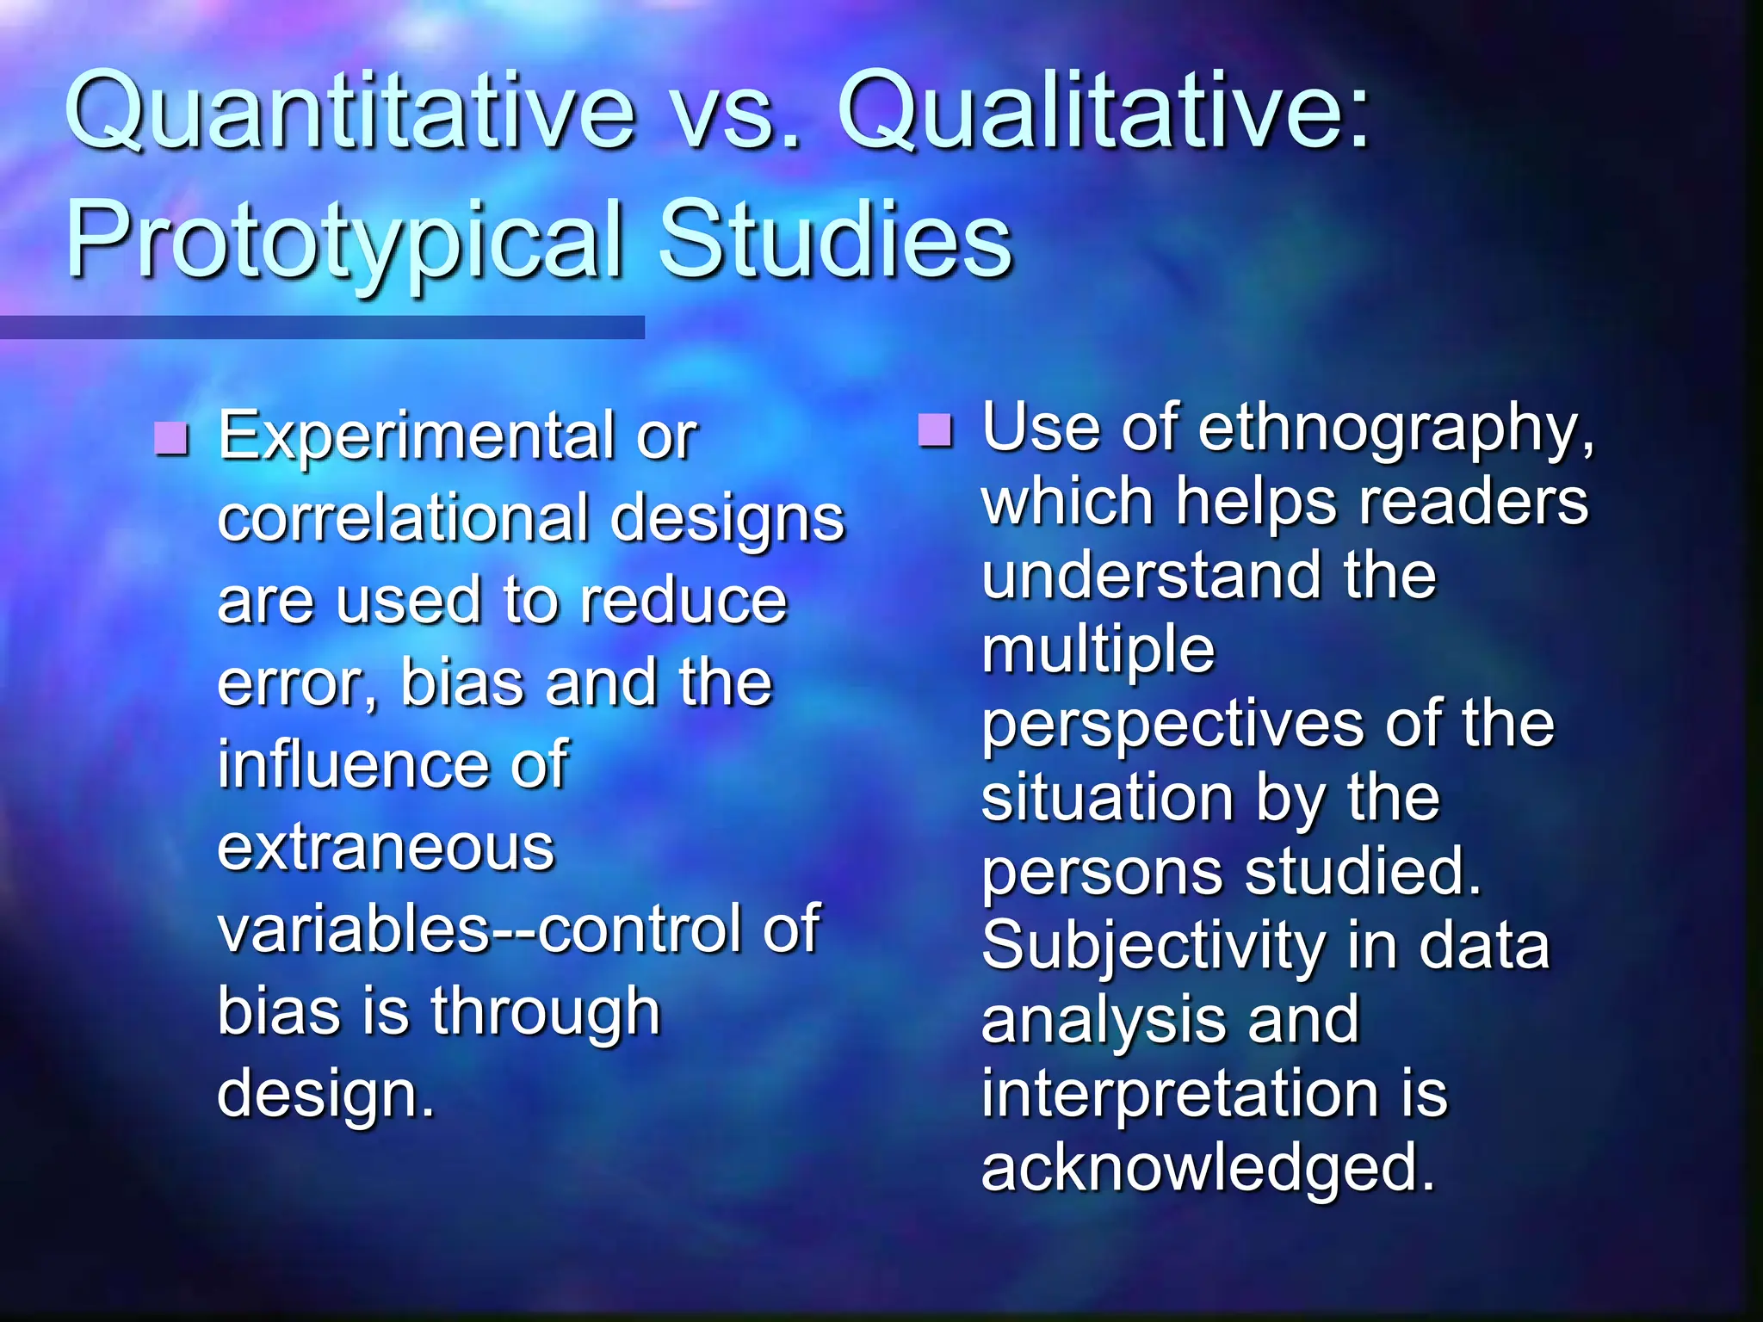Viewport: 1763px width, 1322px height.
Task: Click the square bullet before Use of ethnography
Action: coord(935,429)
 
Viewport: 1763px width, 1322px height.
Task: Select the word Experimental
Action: coord(418,436)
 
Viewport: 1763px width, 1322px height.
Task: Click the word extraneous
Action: coord(387,849)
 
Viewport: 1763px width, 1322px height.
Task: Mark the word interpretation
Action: coord(1179,1094)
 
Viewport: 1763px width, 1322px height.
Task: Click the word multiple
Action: coord(1098,651)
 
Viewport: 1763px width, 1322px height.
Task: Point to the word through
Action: coord(546,1013)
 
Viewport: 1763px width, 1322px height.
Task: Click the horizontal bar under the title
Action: coord(322,327)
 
